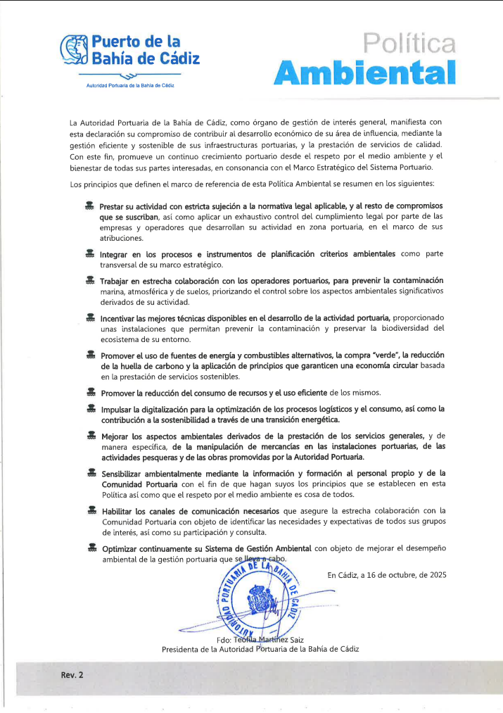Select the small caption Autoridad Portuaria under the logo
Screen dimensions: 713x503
click(x=129, y=85)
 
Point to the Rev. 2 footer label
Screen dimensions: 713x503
click(x=72, y=674)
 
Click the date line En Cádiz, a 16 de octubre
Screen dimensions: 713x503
click(x=387, y=575)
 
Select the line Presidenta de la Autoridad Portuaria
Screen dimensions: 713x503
click(x=260, y=649)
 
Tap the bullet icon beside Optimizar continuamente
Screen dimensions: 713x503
click(x=89, y=548)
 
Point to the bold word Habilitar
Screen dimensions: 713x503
click(x=117, y=510)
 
